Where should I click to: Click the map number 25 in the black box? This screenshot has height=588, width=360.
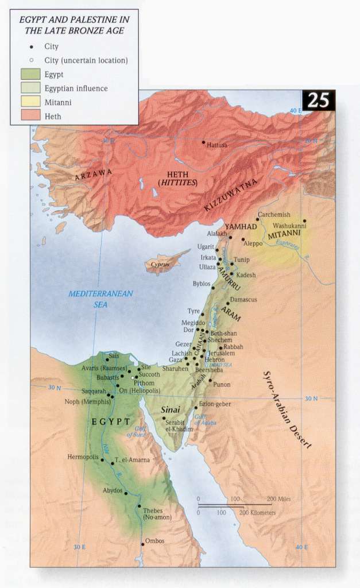[x=318, y=100]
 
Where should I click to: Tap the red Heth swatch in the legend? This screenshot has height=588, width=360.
[x=29, y=117]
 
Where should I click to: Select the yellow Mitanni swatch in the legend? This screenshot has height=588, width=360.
[x=29, y=103]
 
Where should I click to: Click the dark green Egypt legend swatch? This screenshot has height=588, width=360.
[x=29, y=75]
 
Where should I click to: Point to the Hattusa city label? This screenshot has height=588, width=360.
[x=217, y=145]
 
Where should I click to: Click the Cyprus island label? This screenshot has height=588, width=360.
[x=161, y=265]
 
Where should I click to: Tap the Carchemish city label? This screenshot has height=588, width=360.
[x=271, y=215]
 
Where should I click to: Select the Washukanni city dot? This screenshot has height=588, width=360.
[x=305, y=220]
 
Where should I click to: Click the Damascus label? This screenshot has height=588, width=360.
[x=243, y=300]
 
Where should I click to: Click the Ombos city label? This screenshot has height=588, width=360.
[x=154, y=541]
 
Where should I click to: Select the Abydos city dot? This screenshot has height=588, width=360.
[x=126, y=493]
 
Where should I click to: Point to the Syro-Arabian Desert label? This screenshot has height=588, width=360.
[x=287, y=409]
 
